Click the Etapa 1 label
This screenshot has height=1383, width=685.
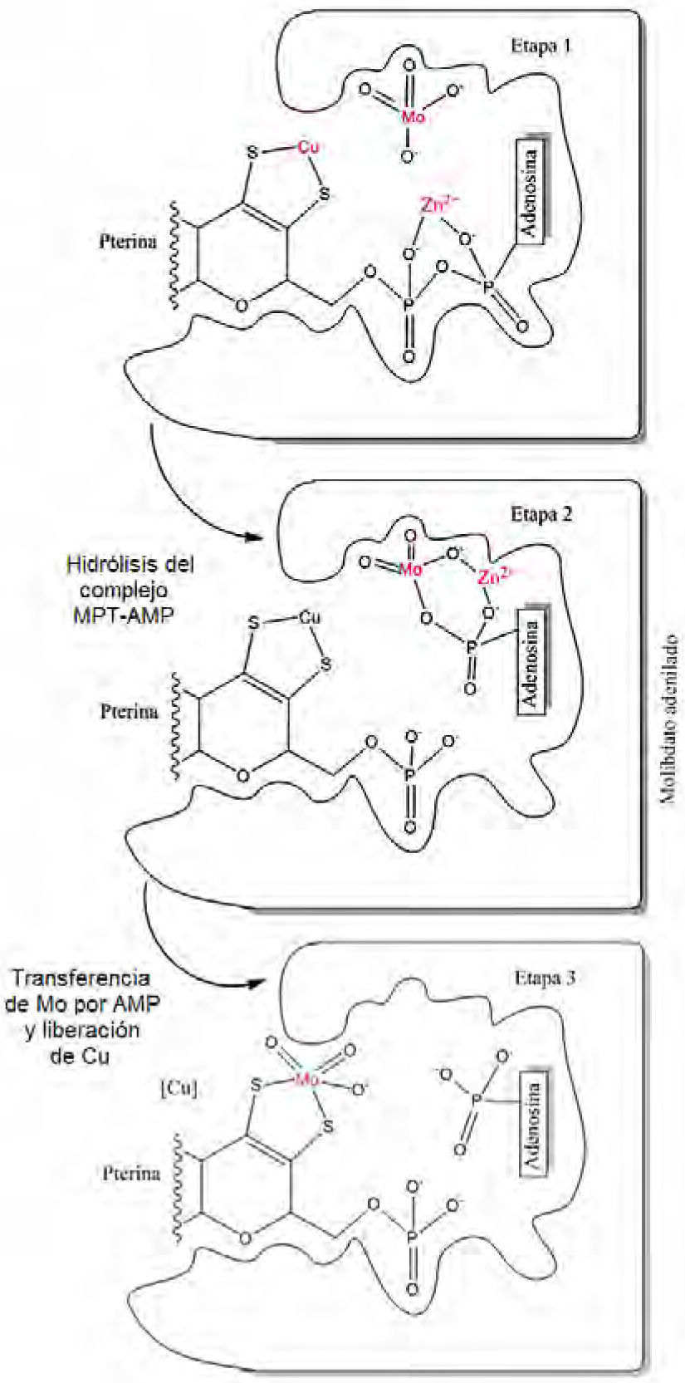point(541,45)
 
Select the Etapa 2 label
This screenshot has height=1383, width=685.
point(541,512)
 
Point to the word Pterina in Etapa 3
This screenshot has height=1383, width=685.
point(131,1175)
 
